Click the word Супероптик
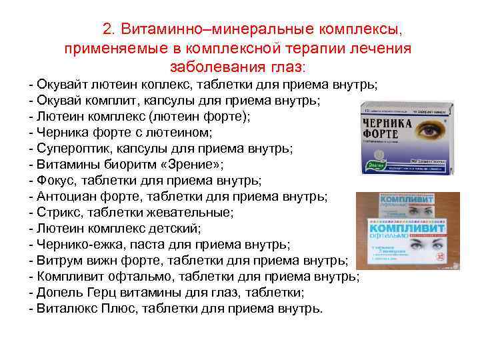pyautogui.click(x=73, y=148)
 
